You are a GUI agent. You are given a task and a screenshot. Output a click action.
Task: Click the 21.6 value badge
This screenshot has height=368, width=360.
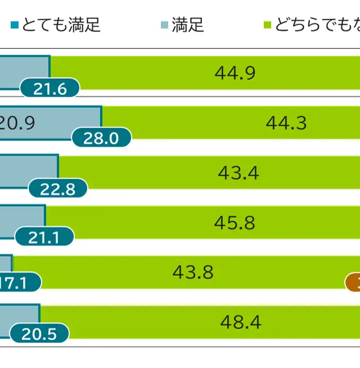pos(50,89)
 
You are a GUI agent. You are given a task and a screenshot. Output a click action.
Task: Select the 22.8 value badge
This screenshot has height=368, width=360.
pos(58,189)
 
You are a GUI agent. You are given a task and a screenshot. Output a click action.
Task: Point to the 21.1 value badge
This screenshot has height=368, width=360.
pos(44,238)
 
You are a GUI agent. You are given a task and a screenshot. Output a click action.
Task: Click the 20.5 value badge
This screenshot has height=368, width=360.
pos(39,334)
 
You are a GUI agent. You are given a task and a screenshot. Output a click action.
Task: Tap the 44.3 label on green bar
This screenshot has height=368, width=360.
pos(286,123)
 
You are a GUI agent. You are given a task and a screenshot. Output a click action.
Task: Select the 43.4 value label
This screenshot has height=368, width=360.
pos(238,172)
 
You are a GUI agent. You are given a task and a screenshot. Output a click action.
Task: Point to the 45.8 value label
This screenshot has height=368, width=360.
pos(235,223)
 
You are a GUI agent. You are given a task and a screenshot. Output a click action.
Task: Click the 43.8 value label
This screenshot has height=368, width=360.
pos(193,272)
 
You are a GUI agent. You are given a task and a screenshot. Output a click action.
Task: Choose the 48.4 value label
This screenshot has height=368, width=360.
pos(241,322)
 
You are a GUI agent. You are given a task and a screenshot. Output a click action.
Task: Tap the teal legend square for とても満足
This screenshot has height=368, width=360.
pos(15,25)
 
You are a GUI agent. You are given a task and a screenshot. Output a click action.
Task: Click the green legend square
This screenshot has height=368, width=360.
pos(268,25)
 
